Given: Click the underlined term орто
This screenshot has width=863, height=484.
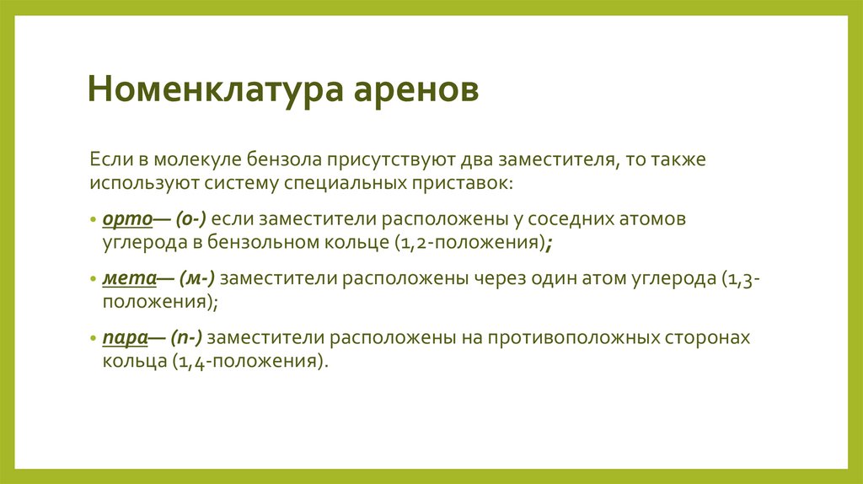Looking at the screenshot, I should [x=126, y=219].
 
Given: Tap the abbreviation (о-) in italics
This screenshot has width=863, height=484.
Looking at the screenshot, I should [x=190, y=219].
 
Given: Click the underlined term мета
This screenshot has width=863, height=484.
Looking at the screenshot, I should [x=127, y=278].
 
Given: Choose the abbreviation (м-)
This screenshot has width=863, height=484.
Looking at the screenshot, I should [x=197, y=278].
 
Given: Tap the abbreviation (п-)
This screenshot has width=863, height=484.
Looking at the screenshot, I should [x=187, y=337].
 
